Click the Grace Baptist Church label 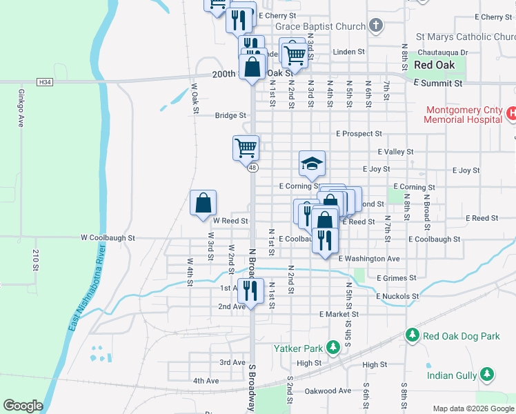320,27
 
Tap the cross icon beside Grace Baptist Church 376,26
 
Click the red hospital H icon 512,112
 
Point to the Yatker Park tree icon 333,346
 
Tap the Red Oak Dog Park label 461,336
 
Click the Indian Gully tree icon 487,374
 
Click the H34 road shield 46,82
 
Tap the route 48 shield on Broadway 253,168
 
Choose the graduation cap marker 312,164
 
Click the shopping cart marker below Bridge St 246,147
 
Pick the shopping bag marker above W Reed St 204,204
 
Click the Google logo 23,406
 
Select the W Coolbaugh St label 108,237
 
